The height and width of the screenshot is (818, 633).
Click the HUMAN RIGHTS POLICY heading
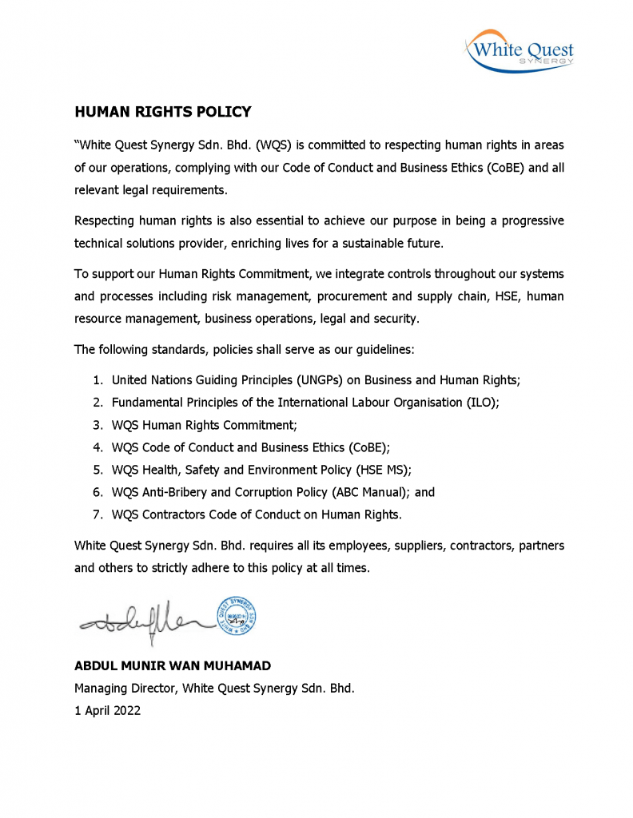click(163, 112)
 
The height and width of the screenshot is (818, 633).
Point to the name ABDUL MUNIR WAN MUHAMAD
click(172, 665)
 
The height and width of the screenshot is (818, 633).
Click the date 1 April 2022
click(107, 710)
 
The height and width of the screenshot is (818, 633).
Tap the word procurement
click(356, 296)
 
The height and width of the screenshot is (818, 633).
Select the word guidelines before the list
click(384, 350)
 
